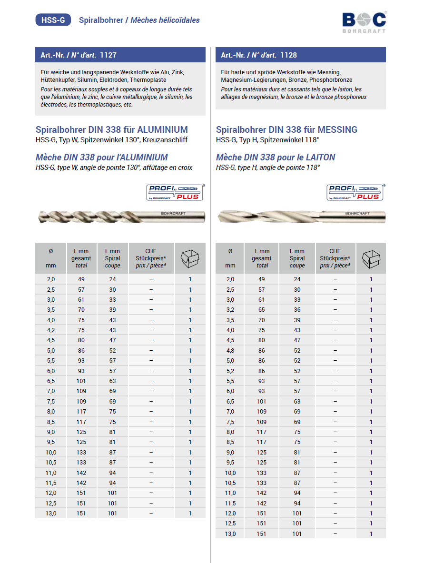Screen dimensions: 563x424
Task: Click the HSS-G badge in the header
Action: click(53, 20)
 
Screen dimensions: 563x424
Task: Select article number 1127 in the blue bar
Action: click(108, 55)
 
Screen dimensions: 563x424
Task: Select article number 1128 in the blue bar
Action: click(289, 55)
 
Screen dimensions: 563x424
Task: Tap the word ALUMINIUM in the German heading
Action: click(162, 129)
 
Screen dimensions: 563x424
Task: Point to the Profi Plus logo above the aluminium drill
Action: click(175, 192)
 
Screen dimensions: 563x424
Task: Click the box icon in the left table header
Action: click(190, 257)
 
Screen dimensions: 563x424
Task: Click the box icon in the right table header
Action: click(371, 257)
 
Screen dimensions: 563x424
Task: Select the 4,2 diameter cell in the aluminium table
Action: click(51, 330)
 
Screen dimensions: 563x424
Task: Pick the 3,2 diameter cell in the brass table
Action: click(230, 310)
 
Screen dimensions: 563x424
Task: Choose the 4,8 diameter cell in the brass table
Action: click(230, 351)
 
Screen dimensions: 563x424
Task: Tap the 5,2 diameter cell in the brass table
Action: click(230, 371)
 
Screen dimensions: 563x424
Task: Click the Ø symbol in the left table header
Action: click(51, 251)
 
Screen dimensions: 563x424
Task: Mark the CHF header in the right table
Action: click(335, 251)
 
